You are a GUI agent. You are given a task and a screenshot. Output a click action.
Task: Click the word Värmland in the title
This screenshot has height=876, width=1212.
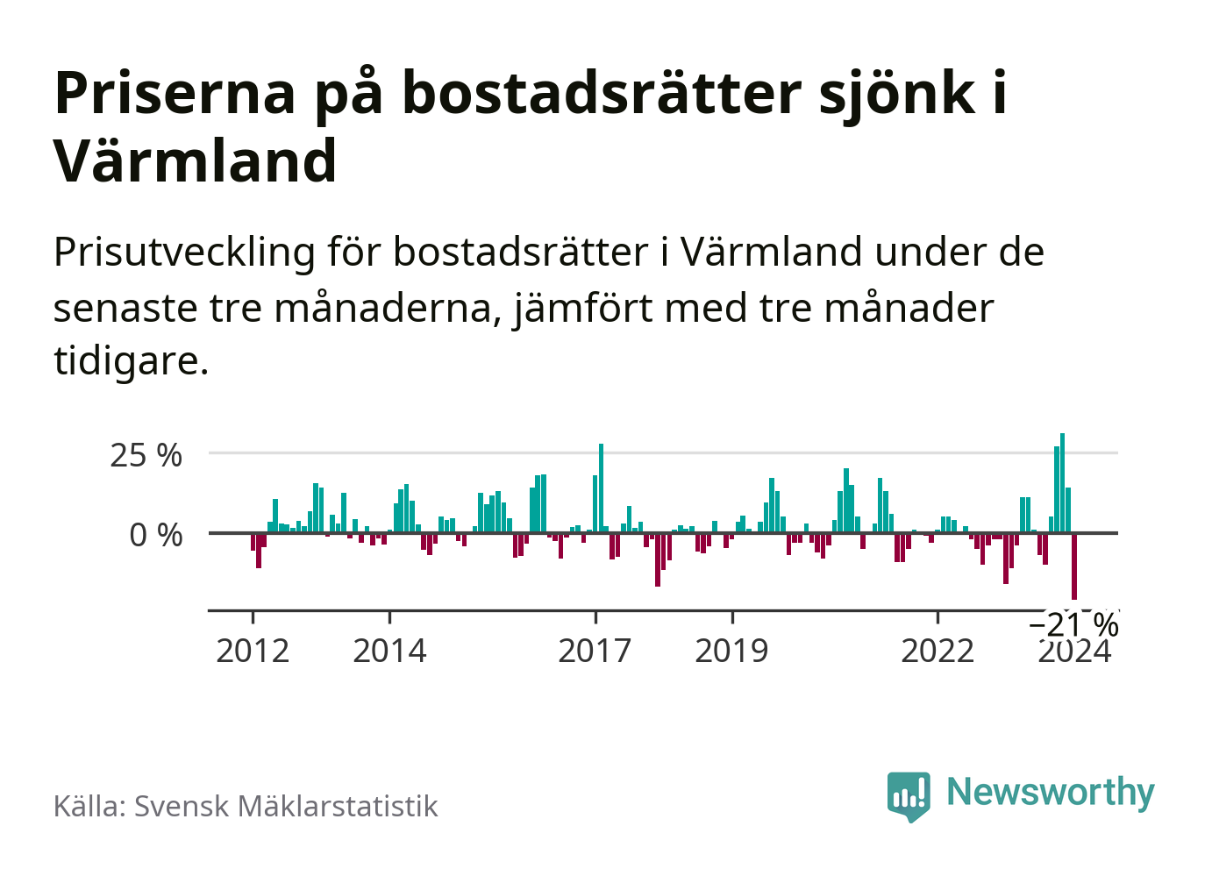(196, 161)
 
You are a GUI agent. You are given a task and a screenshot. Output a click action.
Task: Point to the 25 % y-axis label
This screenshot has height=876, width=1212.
(146, 455)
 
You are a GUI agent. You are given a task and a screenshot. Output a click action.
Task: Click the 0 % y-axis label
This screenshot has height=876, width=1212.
(155, 535)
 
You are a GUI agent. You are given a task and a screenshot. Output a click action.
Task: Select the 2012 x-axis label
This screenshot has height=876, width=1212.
(253, 652)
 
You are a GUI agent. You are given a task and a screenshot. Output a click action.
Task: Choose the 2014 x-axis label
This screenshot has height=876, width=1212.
(389, 652)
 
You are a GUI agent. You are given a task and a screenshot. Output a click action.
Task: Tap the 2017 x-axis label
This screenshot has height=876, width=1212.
(595, 652)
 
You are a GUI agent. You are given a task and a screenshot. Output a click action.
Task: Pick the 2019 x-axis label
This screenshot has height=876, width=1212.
(731, 652)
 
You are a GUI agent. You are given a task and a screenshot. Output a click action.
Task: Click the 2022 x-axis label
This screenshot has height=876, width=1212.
(938, 652)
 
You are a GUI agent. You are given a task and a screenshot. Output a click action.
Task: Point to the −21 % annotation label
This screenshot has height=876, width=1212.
(1073, 625)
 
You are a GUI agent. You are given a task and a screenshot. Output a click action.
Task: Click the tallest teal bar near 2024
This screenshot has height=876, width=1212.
(1062, 482)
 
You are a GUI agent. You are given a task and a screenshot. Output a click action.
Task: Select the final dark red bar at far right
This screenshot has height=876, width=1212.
(1073, 566)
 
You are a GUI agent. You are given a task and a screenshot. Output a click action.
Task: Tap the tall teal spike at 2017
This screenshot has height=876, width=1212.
(601, 488)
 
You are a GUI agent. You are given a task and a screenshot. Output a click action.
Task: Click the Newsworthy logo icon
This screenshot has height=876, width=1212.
(909, 795)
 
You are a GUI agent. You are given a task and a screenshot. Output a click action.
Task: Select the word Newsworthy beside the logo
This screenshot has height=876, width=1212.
(1050, 792)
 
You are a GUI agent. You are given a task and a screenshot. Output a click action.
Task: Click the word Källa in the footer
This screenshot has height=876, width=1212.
(89, 807)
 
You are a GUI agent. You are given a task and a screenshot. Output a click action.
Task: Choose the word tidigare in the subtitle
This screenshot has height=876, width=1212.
(130, 360)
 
